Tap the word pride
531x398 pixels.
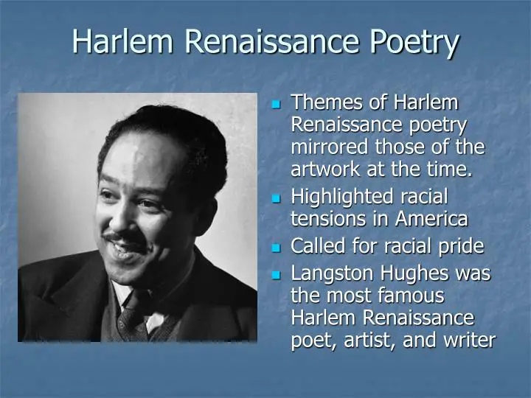click(462, 245)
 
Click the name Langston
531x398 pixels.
click(334, 273)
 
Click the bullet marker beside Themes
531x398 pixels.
click(277, 103)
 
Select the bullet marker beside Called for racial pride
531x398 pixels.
click(277, 245)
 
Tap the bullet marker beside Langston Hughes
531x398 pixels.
click(277, 274)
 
